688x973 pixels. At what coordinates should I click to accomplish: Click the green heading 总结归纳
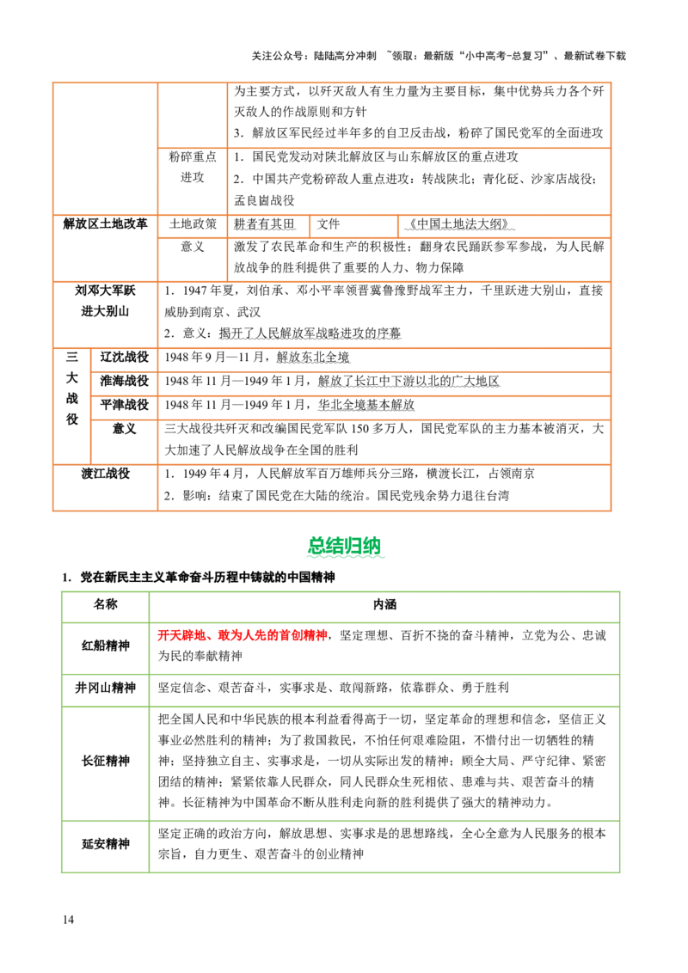[345, 546]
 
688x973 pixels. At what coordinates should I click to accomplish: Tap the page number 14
[68, 920]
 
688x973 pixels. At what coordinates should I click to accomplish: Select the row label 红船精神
[106, 646]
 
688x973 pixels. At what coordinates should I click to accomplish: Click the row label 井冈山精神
[106, 688]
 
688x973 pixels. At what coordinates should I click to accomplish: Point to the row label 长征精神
[106, 761]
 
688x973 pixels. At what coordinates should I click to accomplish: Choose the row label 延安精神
[106, 844]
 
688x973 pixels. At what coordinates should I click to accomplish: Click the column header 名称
[106, 604]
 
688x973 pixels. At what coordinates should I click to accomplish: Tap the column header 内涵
[384, 604]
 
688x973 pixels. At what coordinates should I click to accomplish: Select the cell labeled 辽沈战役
[124, 357]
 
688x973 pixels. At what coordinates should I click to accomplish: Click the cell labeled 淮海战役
[124, 381]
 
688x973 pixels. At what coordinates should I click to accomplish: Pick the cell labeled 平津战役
[124, 405]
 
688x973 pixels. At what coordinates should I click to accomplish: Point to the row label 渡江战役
[106, 474]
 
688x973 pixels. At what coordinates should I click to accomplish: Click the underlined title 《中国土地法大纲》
[459, 224]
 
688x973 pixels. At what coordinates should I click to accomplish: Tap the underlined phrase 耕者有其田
[264, 224]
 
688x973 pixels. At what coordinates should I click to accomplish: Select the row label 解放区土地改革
[106, 223]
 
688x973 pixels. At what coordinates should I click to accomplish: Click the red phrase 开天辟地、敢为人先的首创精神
[243, 635]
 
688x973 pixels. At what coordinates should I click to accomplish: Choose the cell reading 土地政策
[193, 224]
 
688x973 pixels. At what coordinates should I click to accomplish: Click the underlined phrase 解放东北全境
[313, 357]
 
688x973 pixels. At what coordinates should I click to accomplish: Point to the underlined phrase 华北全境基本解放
[366, 405]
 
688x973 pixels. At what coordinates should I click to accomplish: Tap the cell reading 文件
[329, 224]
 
